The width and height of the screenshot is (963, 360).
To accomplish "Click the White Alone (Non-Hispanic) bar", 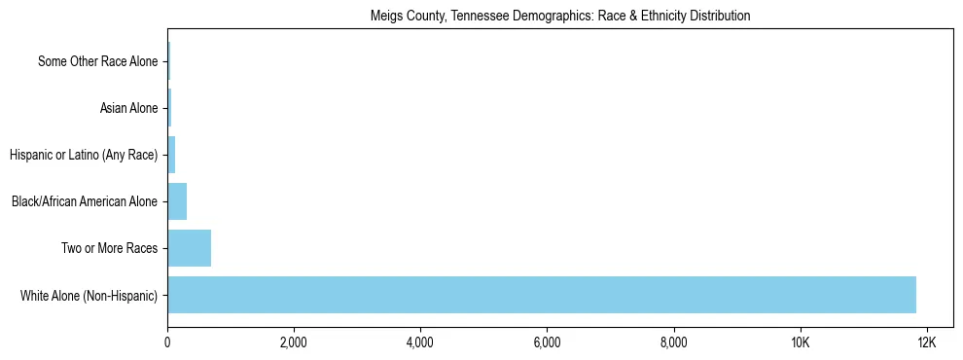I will (x=541, y=295).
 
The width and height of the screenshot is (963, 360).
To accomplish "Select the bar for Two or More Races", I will (x=189, y=248).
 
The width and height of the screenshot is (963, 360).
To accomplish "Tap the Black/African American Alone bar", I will (x=177, y=201).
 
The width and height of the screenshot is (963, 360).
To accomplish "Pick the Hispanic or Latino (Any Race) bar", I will (x=171, y=155).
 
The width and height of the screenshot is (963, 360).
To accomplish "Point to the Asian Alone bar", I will (x=169, y=108).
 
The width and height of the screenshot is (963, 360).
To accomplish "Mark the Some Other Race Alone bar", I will (x=168, y=61).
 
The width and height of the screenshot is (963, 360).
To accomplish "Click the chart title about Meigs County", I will (x=560, y=17).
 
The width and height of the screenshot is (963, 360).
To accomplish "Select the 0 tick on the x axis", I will (x=167, y=342).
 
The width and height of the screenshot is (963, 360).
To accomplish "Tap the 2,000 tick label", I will (x=294, y=342).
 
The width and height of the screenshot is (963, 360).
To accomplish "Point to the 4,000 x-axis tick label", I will (x=420, y=342).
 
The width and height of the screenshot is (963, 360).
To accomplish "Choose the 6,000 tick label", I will (x=547, y=342).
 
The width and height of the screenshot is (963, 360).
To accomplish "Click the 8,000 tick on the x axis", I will (x=673, y=342).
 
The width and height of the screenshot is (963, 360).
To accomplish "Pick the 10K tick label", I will (x=800, y=342).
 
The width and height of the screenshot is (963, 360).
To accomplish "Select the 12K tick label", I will (x=926, y=342).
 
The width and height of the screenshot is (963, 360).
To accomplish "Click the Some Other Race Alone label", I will (x=97, y=61).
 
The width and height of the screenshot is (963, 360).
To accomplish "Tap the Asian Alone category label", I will (x=128, y=108).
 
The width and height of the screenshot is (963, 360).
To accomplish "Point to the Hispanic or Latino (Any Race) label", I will (x=83, y=155).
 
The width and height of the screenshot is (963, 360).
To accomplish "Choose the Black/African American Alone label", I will (x=85, y=201).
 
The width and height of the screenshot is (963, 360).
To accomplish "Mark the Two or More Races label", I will (x=109, y=248).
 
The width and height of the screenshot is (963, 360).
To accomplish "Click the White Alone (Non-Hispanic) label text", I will (x=89, y=295).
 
